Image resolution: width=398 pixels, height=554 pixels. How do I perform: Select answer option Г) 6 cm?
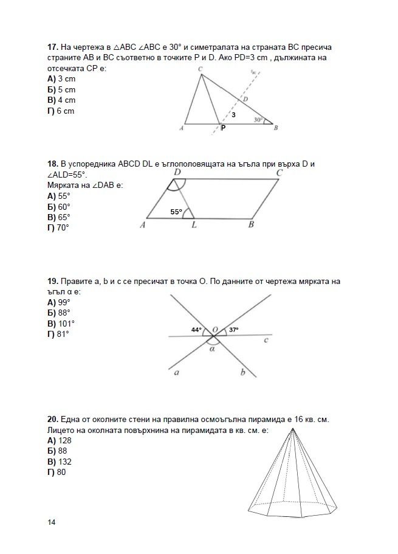coord(61,111)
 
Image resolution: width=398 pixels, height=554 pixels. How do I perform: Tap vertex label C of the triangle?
coord(200,70)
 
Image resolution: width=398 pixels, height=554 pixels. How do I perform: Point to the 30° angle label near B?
coord(258,120)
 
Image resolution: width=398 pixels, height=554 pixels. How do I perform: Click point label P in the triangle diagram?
coord(223,128)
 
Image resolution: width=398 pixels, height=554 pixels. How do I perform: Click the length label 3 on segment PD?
coord(233,114)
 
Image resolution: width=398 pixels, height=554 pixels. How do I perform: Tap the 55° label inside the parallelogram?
coord(176,212)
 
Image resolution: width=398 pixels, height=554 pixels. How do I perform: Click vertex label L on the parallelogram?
coord(194,225)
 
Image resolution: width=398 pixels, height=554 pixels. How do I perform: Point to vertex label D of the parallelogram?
coord(177,173)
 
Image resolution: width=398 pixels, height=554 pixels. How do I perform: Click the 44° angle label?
coord(196,330)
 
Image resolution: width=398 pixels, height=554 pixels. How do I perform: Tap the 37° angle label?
coord(233,330)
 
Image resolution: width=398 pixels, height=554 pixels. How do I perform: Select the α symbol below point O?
coord(212,349)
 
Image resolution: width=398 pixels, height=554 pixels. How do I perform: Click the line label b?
coord(242,372)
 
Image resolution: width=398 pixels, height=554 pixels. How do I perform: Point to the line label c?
coord(266,340)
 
